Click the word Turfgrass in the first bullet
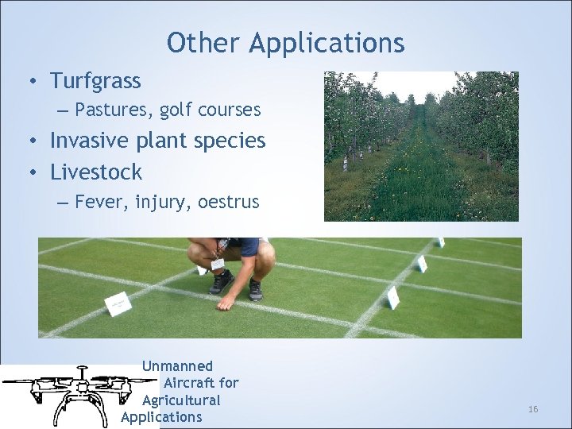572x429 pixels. (x=95, y=81)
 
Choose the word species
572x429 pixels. (x=230, y=141)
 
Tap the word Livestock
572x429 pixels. (x=96, y=172)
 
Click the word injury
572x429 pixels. (x=161, y=203)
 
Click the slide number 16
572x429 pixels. (x=533, y=409)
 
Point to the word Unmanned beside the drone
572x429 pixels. (x=177, y=366)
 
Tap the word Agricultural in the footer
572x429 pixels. (x=181, y=400)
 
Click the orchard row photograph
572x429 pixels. (x=421, y=146)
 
